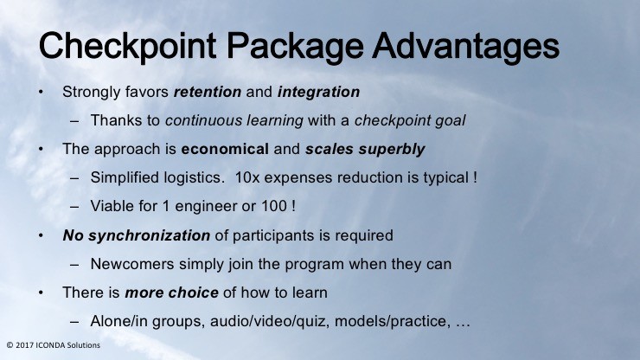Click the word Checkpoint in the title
127,47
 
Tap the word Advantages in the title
465,47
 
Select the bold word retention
208,92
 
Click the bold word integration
319,92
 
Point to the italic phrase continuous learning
234,120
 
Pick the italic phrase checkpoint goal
410,120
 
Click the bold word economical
225,149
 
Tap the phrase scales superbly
365,149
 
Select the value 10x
247,177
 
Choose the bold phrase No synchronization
137,235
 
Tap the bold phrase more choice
171,292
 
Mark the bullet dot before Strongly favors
41,93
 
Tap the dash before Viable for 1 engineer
74,207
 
